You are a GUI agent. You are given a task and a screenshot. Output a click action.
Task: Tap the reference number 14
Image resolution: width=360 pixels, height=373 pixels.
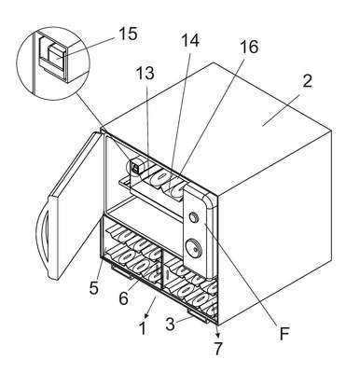point(189,40)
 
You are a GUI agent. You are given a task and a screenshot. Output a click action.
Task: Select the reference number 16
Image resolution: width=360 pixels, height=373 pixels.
point(248,47)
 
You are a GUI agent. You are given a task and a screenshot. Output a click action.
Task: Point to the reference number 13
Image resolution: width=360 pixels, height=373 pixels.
point(145,74)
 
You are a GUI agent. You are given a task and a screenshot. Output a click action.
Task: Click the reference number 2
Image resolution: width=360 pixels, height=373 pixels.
point(306,81)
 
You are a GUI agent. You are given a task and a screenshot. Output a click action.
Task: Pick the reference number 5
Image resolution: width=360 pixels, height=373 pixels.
point(93,288)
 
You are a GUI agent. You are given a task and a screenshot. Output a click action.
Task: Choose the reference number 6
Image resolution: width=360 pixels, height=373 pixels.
point(123,298)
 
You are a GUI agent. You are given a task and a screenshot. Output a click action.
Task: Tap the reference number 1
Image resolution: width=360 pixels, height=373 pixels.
point(142,328)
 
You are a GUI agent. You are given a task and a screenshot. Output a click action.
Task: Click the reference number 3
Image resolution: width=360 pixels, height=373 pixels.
point(170,325)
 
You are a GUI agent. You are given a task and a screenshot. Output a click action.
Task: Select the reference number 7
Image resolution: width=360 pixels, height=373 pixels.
point(218,349)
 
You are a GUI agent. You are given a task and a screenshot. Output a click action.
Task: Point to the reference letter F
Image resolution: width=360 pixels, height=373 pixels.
point(284,334)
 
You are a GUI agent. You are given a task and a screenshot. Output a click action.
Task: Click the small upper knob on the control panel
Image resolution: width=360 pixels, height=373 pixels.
point(194,217)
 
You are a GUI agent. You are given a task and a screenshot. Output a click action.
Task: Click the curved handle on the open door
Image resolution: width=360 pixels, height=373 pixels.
point(42,236)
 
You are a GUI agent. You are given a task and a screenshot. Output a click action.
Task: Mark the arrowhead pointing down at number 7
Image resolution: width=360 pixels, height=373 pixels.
point(218,335)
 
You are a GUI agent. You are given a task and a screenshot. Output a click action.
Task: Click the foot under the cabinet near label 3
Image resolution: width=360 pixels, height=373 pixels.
point(198,315)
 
